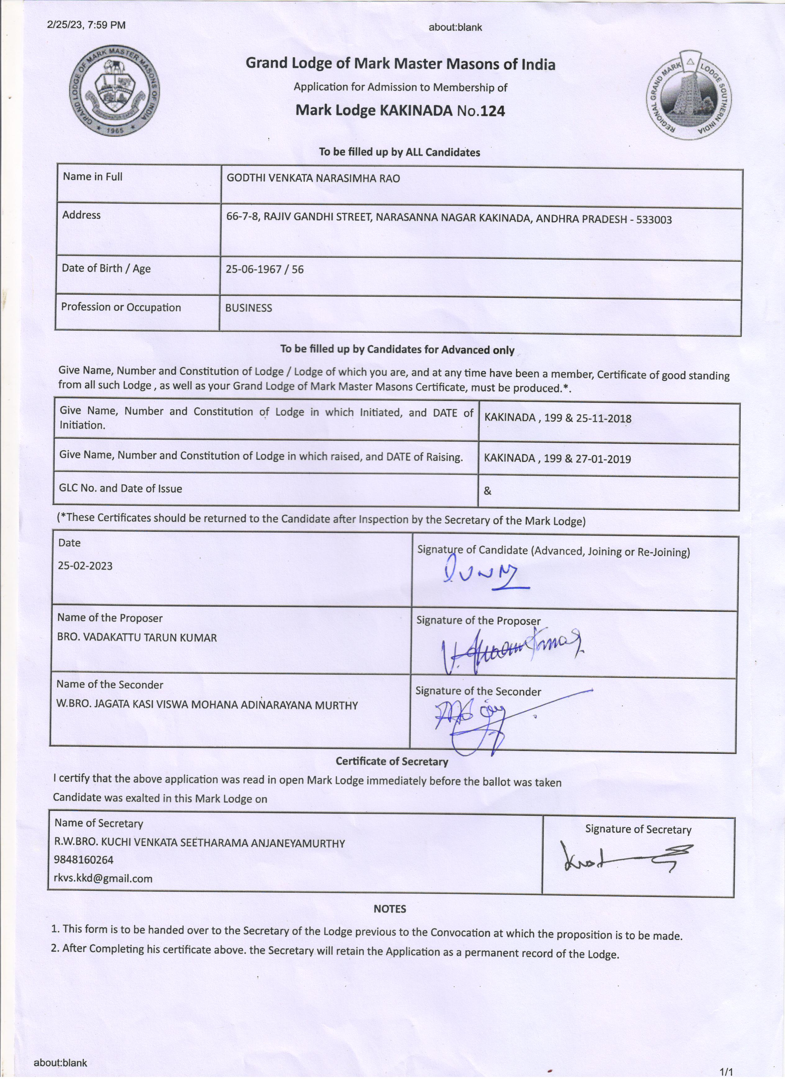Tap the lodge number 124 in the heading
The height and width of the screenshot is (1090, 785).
492,112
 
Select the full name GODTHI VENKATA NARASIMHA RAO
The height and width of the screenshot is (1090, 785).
313,178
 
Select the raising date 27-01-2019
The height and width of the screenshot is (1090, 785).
603,459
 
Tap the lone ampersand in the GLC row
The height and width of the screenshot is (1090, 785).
487,491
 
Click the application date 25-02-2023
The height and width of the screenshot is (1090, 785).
85,566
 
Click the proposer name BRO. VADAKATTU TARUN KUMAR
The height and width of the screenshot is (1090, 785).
137,638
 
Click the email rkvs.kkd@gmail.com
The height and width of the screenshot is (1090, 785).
103,879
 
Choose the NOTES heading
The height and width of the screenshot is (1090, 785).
389,909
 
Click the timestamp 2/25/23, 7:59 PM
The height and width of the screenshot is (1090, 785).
86,25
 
